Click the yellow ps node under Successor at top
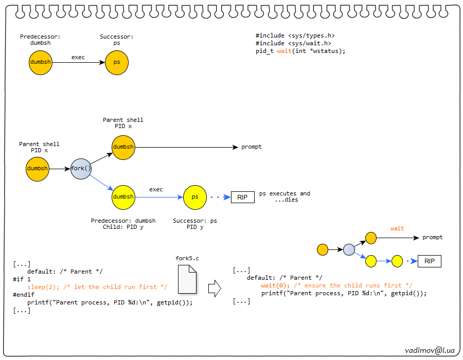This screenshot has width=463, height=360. [117, 62]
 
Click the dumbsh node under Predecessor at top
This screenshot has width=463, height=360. [41, 62]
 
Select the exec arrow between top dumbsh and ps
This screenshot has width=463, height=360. [78, 63]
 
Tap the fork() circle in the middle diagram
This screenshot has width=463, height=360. [81, 169]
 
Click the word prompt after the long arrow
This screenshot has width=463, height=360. [252, 147]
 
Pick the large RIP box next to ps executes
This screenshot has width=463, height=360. [243, 197]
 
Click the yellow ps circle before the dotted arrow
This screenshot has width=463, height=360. [195, 197]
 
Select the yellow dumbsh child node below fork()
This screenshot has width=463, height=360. [123, 197]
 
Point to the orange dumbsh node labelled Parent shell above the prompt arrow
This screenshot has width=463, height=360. [123, 147]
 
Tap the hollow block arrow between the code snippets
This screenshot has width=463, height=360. [214, 289]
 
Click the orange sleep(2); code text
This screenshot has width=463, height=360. [39, 287]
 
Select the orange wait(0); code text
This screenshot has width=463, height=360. [273, 285]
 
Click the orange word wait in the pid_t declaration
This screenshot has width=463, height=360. [284, 51]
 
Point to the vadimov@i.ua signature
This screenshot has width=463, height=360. [430, 349]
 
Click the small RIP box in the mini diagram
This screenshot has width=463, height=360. [430, 261]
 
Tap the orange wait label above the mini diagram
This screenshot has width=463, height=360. [397, 228]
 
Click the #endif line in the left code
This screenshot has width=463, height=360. [23, 295]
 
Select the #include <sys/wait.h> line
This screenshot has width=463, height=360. [293, 44]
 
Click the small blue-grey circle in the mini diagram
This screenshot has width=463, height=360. [349, 250]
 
